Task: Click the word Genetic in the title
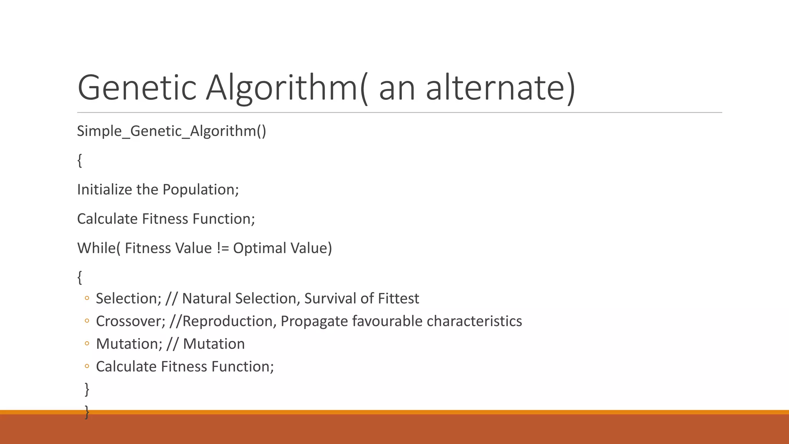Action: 137,88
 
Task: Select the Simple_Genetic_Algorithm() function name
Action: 171,131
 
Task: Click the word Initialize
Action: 104,190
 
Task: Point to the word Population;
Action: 200,190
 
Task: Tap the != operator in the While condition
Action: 223,248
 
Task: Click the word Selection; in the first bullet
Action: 129,299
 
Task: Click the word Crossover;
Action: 131,321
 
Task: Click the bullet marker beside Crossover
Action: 87,321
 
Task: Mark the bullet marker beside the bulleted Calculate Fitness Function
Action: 87,366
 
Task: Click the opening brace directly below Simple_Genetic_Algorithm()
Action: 80,160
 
